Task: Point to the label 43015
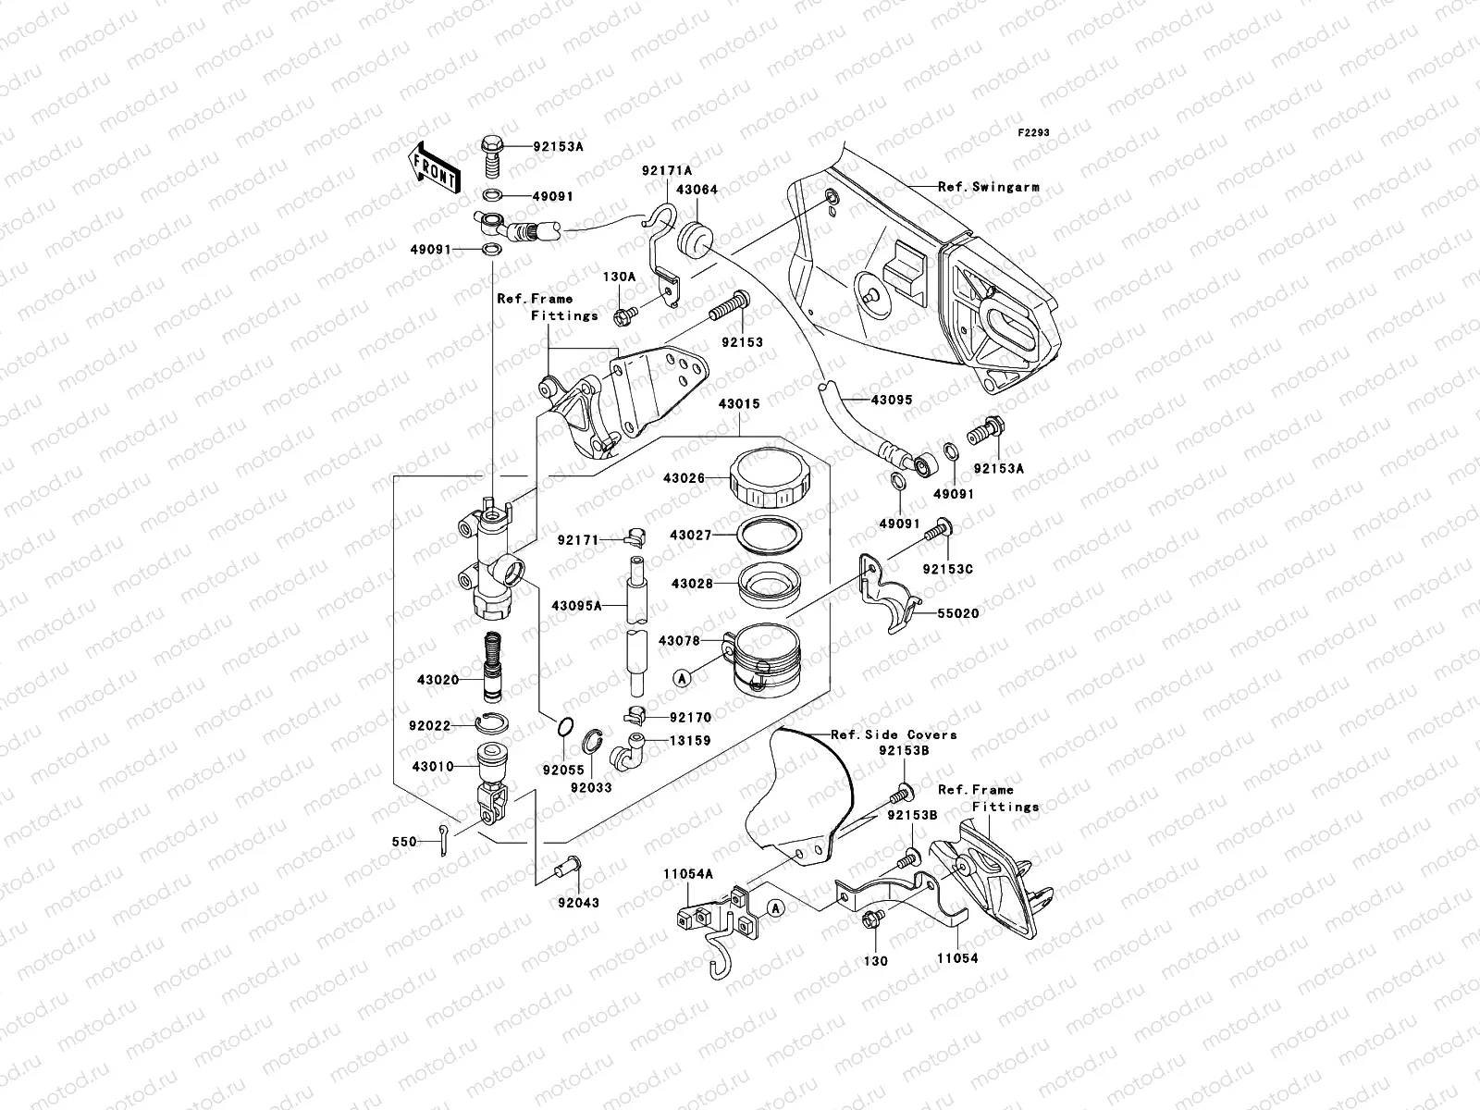tap(737, 404)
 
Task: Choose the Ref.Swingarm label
tap(988, 187)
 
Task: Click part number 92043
tap(578, 903)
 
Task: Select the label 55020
tap(957, 613)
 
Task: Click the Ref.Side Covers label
tap(894, 734)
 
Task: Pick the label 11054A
tap(687, 873)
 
